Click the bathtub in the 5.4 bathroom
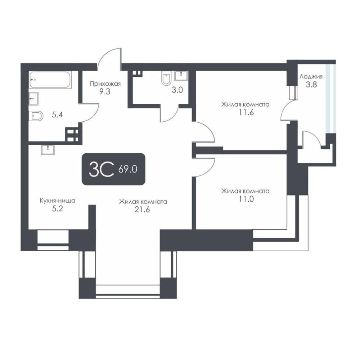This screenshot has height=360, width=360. [50, 80]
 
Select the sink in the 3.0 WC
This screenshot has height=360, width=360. [181, 76]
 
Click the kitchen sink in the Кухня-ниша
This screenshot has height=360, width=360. [48, 150]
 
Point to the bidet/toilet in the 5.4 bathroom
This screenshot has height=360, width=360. [36, 116]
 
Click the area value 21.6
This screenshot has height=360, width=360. [142, 210]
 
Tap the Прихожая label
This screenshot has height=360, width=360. [105, 84]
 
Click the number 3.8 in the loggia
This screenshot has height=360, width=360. [311, 85]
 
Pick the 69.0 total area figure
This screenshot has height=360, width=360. [128, 169]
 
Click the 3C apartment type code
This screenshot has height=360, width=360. [102, 170]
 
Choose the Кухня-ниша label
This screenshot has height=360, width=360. [57, 201]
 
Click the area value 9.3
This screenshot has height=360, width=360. [105, 91]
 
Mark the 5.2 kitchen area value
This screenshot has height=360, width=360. [57, 209]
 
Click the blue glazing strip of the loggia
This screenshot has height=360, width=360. [331, 99]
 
